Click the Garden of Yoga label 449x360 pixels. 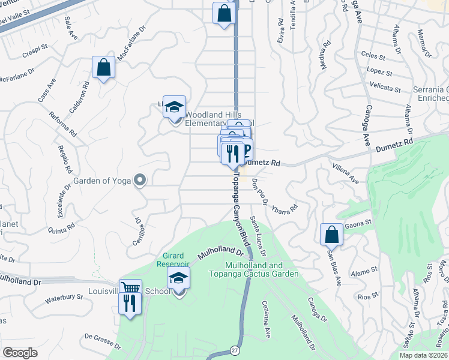pos(102,180)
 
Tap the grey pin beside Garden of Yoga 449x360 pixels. pos(140,180)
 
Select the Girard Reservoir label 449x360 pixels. pos(173,260)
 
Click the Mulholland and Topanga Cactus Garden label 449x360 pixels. pos(262,269)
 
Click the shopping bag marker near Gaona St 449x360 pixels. pos(331,234)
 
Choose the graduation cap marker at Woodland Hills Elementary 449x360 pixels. pos(174,107)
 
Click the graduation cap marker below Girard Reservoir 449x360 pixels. pos(178,278)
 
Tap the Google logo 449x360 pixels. pos(20,353)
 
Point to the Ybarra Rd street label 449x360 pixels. pos(285,211)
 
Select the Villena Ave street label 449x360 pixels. pos(345,172)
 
